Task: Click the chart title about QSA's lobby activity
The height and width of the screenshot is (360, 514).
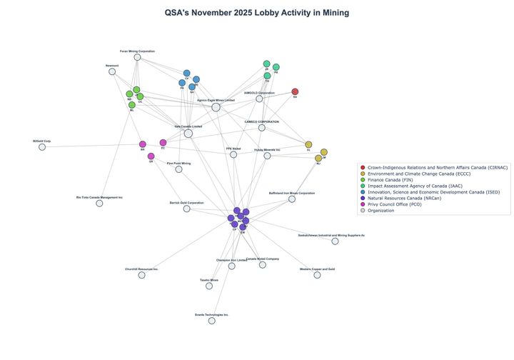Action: [x=257, y=13]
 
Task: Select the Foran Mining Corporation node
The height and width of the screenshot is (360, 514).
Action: [x=137, y=57]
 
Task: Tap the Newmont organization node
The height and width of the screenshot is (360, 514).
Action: [x=112, y=71]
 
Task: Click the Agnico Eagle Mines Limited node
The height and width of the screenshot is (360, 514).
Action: [x=216, y=107]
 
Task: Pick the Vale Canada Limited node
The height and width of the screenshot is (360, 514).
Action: [x=188, y=133]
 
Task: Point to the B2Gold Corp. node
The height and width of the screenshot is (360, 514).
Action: [x=42, y=147]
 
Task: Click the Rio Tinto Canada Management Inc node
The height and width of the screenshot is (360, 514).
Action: [x=99, y=203]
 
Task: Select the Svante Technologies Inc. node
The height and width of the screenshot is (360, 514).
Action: [x=211, y=321]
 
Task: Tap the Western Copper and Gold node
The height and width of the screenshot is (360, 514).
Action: [x=317, y=275]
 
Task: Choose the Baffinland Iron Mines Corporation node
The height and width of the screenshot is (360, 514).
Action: [x=291, y=199]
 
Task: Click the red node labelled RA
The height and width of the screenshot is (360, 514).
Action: [x=295, y=91]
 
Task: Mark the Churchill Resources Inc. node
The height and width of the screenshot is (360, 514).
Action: [x=141, y=275]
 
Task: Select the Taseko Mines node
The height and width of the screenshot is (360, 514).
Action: [x=209, y=286]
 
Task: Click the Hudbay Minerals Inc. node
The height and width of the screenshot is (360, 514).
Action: [x=267, y=156]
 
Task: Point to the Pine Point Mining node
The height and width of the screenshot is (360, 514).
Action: [x=178, y=169]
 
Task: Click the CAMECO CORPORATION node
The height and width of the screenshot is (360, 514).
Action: [x=261, y=127]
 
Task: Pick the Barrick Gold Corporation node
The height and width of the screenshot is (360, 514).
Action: [x=186, y=209]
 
